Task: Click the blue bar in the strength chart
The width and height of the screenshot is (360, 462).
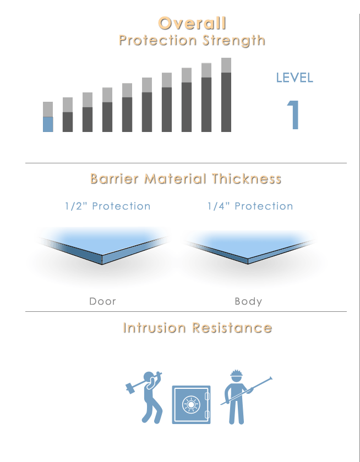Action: (x=48, y=124)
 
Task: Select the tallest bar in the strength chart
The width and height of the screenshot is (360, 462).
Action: (x=226, y=95)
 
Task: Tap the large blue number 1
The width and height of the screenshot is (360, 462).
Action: (x=293, y=114)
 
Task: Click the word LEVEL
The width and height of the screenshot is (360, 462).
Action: (x=294, y=78)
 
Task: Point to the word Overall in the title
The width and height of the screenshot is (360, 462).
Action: (x=192, y=23)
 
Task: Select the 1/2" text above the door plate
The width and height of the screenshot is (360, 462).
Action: (x=76, y=206)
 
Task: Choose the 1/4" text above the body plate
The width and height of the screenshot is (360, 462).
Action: (x=219, y=206)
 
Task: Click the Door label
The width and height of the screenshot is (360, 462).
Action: (x=102, y=301)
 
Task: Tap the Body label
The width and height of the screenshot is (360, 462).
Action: (x=248, y=301)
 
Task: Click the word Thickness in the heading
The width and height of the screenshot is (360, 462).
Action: (x=247, y=179)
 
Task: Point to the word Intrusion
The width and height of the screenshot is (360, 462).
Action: (x=154, y=328)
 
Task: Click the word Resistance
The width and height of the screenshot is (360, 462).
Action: (x=232, y=328)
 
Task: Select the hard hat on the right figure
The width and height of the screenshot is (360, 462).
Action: (x=236, y=373)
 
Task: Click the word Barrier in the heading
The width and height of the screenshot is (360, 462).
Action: (x=114, y=179)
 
